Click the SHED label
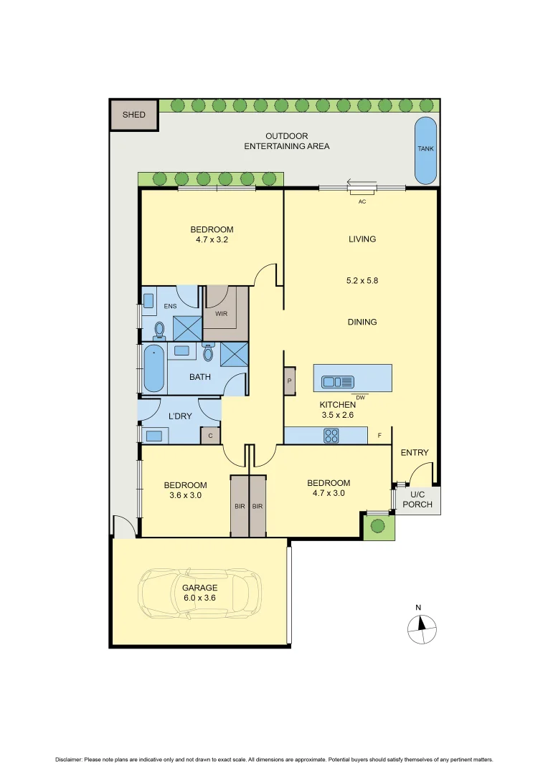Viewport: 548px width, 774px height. (x=133, y=115)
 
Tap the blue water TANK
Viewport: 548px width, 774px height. (x=425, y=149)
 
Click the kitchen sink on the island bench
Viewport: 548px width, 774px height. (x=337, y=381)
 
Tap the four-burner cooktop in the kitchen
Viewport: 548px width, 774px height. (x=332, y=434)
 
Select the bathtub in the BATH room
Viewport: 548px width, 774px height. (x=154, y=368)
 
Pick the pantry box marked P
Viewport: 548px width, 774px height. (x=290, y=381)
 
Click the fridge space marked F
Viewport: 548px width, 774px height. (x=379, y=435)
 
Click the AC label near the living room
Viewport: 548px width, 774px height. (x=362, y=201)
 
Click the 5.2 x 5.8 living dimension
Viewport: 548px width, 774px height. (x=362, y=281)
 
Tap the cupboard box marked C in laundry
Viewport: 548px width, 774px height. (x=210, y=436)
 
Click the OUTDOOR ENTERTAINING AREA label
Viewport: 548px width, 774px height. (x=287, y=141)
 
